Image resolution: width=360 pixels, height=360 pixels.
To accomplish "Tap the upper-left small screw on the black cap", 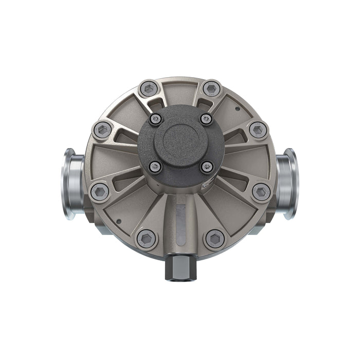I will pos(155,119).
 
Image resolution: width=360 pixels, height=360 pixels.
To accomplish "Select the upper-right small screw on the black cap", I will pos(206,119).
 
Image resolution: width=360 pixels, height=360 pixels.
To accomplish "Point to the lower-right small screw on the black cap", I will pos(207,167).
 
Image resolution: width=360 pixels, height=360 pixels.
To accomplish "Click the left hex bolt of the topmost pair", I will pos(149,89).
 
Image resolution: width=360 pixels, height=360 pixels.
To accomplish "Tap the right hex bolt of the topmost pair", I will pos(211,88).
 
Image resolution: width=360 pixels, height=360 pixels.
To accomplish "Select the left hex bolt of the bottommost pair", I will pos(146,239).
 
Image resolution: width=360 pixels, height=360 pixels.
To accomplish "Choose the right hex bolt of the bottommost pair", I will pos(215,239).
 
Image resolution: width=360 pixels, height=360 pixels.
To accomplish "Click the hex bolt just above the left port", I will pos(103,130).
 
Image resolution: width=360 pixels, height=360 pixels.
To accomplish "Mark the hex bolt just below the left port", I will pos(99,192).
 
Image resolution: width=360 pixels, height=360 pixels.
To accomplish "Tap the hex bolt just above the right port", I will pos(258,130).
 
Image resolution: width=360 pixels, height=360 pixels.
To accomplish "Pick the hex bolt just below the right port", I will pos(261,192).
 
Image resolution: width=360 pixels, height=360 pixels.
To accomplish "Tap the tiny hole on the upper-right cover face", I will pos(237,109).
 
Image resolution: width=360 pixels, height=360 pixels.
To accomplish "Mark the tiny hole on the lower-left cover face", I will pos(119,222).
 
